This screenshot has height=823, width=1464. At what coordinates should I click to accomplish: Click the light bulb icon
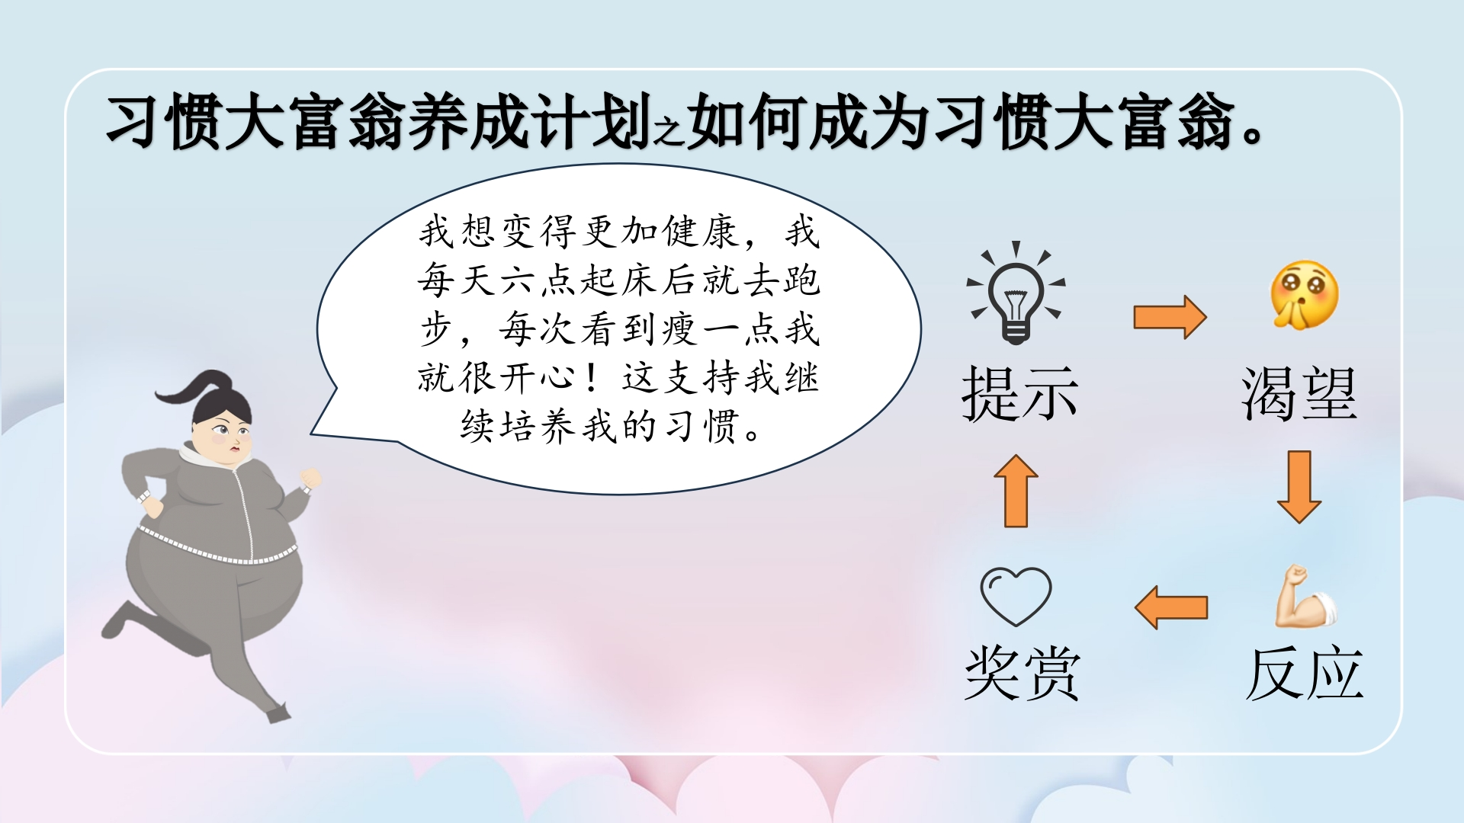[x=1016, y=293]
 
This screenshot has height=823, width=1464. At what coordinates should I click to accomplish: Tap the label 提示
[x=1020, y=393]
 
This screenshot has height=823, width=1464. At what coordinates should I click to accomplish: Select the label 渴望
[x=1299, y=393]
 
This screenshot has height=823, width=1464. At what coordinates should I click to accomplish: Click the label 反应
[x=1304, y=674]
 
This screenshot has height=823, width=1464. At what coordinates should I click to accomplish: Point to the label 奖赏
[x=1023, y=674]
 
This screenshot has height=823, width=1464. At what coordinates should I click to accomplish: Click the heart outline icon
[x=1016, y=597]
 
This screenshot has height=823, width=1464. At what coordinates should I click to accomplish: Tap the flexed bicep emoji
[x=1305, y=597]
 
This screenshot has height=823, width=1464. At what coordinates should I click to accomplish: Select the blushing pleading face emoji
[x=1304, y=295]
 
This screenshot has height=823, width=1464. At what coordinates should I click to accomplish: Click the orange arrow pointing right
[x=1170, y=317]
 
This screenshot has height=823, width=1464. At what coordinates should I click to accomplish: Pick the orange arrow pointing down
[x=1299, y=487]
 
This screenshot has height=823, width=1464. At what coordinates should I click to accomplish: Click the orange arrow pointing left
[x=1171, y=607]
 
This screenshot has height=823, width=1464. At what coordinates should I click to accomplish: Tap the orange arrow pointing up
[x=1016, y=491]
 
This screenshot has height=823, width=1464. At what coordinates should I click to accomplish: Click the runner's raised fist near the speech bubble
[x=310, y=479]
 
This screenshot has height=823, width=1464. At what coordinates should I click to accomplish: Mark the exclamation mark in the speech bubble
[x=592, y=378]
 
